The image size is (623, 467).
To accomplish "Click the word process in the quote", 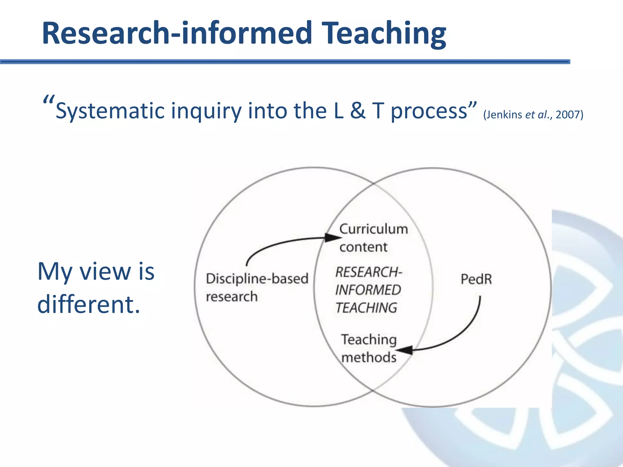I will pyautogui.click(x=429, y=111).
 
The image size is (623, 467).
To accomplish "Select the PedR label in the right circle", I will pyautogui.click(x=476, y=279).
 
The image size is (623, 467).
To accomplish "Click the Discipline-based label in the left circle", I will pyautogui.click(x=257, y=279).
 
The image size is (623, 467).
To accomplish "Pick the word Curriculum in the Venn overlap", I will pyautogui.click(x=374, y=229).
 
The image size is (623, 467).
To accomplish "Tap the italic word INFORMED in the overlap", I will pyautogui.click(x=368, y=290).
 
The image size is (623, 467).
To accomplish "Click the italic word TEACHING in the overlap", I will pyautogui.click(x=366, y=308).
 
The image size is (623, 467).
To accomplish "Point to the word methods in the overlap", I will pyautogui.click(x=369, y=358).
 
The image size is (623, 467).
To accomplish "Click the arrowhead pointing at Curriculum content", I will pyautogui.click(x=332, y=237).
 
